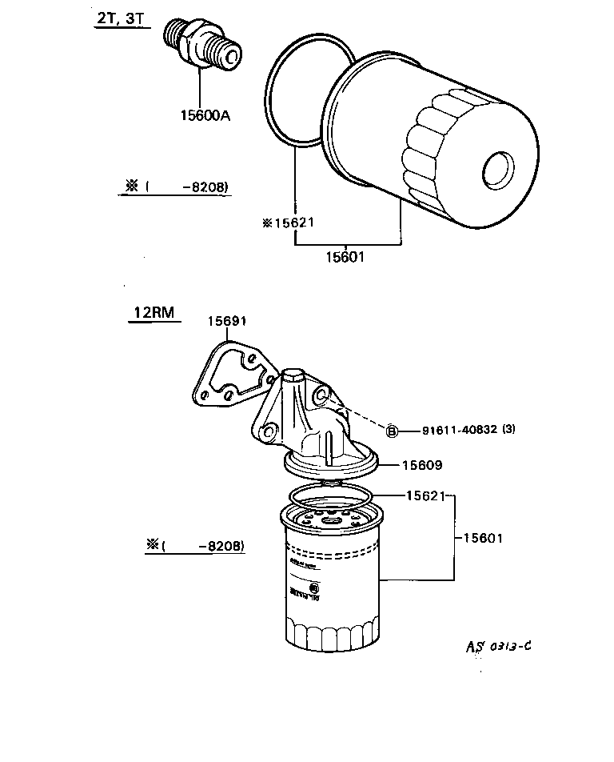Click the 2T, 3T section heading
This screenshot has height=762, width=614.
pyautogui.click(x=117, y=20)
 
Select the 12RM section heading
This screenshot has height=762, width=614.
pyautogui.click(x=153, y=313)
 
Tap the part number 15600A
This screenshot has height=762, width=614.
pyautogui.click(x=205, y=115)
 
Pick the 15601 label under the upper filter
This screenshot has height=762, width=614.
pyautogui.click(x=345, y=258)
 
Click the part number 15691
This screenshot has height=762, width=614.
pyautogui.click(x=227, y=321)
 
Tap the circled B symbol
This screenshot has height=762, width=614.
pyautogui.click(x=392, y=431)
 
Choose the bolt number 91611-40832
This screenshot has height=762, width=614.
pyautogui.click(x=459, y=430)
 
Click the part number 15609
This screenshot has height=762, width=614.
pyautogui.click(x=421, y=464)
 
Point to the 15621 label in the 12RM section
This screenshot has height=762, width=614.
pyautogui.click(x=425, y=496)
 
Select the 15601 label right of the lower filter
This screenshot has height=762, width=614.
pyautogui.click(x=483, y=538)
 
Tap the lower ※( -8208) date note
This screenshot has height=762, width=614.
pyautogui.click(x=195, y=546)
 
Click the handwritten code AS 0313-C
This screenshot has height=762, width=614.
pyautogui.click(x=499, y=647)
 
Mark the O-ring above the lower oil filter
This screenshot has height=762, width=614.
pyautogui.click(x=329, y=495)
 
